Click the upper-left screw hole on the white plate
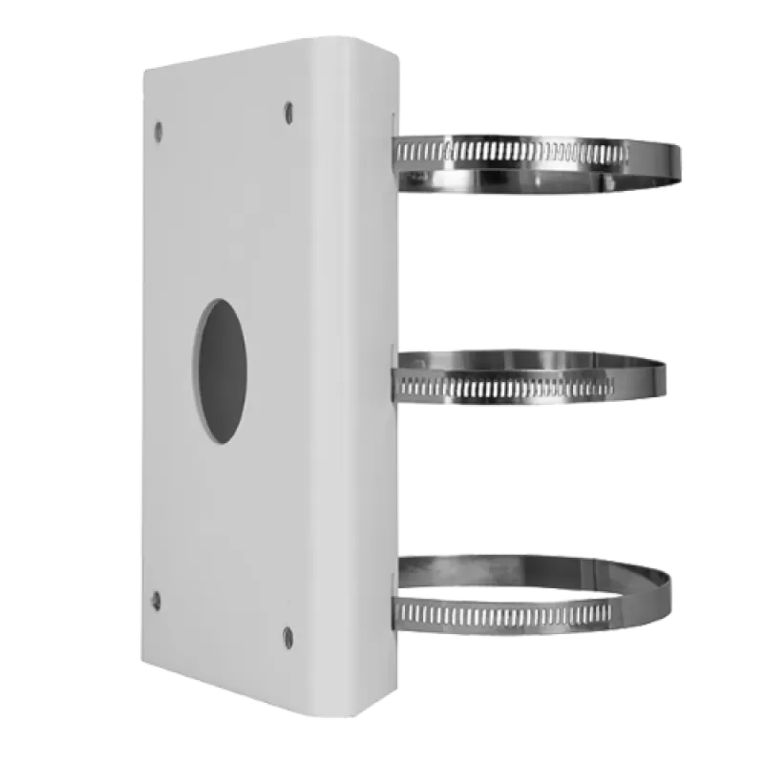point(159,128)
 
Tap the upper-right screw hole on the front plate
point(287,113)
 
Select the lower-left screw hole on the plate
point(157,600)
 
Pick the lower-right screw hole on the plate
point(287,634)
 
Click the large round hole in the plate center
point(223,370)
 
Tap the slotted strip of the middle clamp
point(506,387)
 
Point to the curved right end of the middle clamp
point(659,376)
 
